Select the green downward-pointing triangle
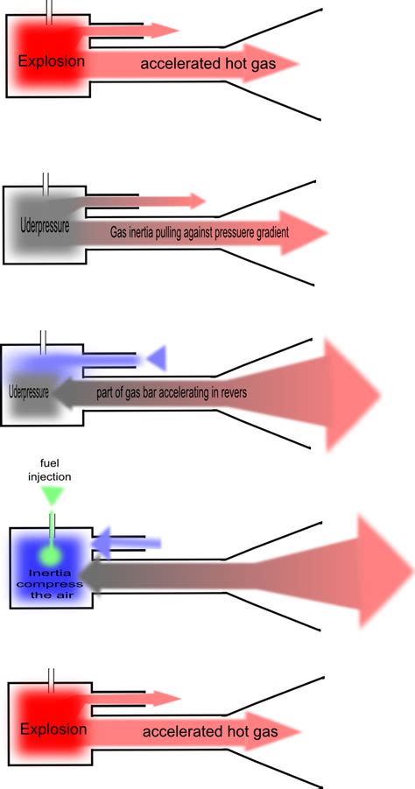tap(53, 496)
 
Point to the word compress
tap(53, 584)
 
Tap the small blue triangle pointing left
tap(156, 356)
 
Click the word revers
tap(230, 393)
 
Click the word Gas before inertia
tap(119, 234)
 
